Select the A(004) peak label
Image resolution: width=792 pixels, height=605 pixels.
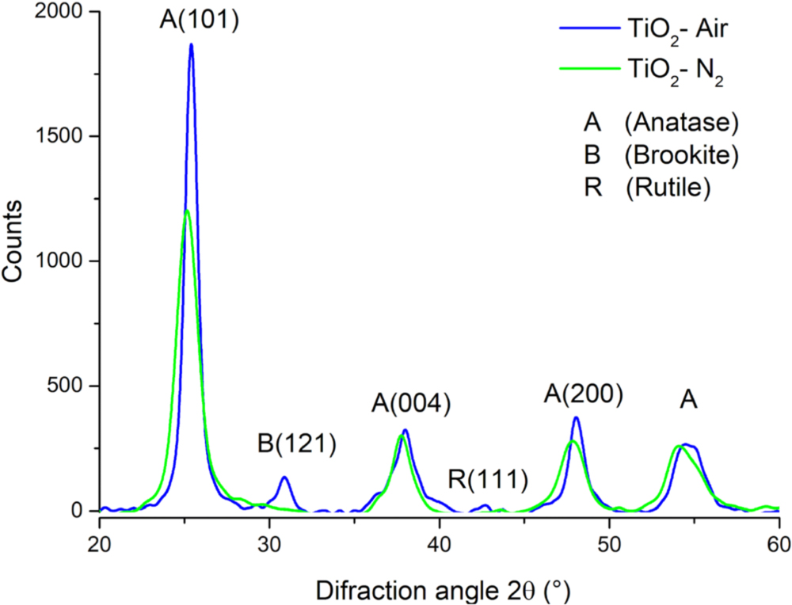tap(411, 404)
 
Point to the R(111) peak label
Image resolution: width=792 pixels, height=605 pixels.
tap(487, 478)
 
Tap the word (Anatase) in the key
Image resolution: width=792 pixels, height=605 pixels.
tap(680, 124)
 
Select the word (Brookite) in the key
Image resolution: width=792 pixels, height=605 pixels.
tap(681, 155)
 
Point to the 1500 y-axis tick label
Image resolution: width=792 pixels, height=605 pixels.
tap(60, 136)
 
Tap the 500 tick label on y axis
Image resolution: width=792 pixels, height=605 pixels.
tap(66, 386)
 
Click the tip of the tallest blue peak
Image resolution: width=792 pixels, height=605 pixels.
tap(191, 45)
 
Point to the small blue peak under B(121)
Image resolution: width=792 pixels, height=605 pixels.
tap(284, 478)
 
